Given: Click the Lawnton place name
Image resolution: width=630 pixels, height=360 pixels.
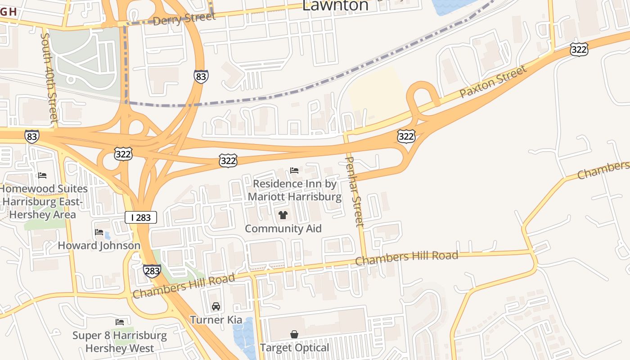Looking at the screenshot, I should pyautogui.click(x=335, y=5).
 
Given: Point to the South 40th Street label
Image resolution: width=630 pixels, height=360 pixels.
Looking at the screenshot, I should pyautogui.click(x=50, y=77).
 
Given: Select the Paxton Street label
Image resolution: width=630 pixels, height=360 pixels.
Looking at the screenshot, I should pyautogui.click(x=493, y=82).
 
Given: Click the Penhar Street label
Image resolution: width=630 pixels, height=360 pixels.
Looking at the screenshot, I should pyautogui.click(x=354, y=192).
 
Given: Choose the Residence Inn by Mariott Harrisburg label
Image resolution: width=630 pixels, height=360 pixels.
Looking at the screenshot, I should pyautogui.click(x=294, y=190).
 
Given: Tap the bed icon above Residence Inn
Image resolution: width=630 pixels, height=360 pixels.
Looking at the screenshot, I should pyautogui.click(x=294, y=171).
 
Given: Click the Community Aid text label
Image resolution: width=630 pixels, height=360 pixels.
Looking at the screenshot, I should pyautogui.click(x=283, y=229).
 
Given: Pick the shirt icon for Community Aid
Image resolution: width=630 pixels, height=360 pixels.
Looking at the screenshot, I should pyautogui.click(x=283, y=215).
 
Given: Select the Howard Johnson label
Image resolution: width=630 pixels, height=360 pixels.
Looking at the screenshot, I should pyautogui.click(x=99, y=246).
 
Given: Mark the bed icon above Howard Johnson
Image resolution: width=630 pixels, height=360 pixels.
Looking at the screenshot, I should pyautogui.click(x=99, y=232).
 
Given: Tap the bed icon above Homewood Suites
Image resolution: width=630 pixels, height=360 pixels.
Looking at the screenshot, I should pyautogui.click(x=42, y=175).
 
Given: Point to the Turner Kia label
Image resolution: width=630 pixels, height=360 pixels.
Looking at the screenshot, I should pyautogui.click(x=216, y=320).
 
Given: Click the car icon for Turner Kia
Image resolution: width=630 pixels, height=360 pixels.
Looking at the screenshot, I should pyautogui.click(x=216, y=306).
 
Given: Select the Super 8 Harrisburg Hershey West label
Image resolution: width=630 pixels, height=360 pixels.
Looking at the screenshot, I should pyautogui.click(x=120, y=342).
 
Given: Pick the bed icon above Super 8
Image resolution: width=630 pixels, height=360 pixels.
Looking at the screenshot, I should pyautogui.click(x=120, y=322).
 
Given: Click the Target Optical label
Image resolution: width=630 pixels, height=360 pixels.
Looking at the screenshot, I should pyautogui.click(x=294, y=348).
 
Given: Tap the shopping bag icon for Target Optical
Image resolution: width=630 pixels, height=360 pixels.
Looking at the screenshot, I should pyautogui.click(x=294, y=334).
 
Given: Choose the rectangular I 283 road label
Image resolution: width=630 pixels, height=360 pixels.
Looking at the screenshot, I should pyautogui.click(x=141, y=218).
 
